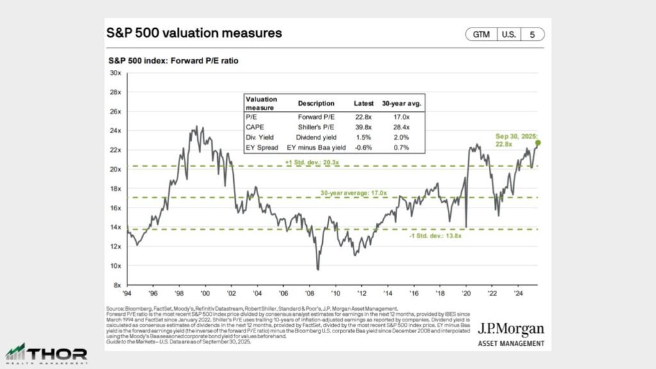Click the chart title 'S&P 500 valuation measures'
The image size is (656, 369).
[x=193, y=32]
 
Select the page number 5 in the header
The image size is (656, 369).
[x=532, y=35]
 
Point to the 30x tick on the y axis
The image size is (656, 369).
[x=115, y=73]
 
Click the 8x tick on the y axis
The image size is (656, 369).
[x=117, y=284]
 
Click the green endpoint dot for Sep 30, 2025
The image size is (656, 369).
[x=538, y=143]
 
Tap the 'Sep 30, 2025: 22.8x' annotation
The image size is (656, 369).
[x=517, y=140]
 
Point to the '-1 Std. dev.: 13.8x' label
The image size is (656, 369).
[x=436, y=236]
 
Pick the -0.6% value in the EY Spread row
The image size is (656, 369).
[x=364, y=147]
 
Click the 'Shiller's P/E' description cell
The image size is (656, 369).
[x=316, y=127]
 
